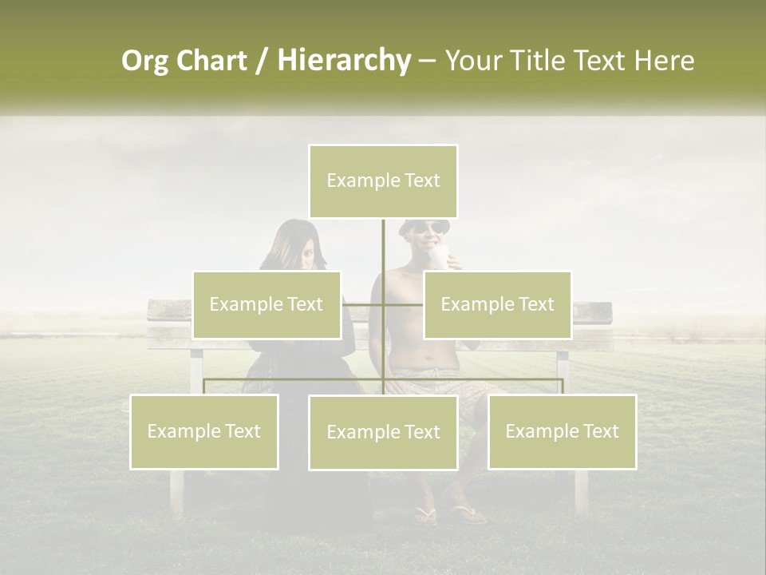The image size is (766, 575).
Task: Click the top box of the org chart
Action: point(383,181)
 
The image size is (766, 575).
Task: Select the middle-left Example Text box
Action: point(267,305)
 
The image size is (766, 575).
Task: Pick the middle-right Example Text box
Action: point(497,305)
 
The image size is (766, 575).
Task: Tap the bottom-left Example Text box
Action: point(204,432)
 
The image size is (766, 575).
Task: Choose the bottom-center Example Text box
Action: point(383,433)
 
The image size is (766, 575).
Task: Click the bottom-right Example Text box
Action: point(562,432)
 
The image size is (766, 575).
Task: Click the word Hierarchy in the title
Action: point(344,60)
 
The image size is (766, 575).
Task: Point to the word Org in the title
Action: point(144,61)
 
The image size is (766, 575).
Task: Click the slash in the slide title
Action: point(262,61)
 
